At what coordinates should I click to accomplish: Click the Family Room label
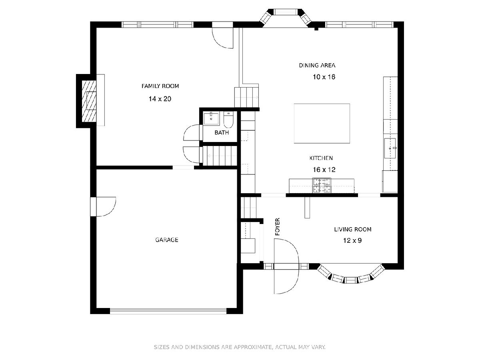(160, 86)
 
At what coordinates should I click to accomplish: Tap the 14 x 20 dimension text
(160, 99)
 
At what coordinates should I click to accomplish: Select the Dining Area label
(317, 65)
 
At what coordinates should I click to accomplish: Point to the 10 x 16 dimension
(324, 77)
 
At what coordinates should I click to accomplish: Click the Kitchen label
(321, 158)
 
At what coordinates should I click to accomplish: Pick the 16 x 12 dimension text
(324, 170)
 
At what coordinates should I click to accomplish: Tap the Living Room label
(352, 229)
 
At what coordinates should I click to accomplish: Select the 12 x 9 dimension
(352, 240)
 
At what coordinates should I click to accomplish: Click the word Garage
(167, 240)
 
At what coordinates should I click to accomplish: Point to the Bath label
(222, 132)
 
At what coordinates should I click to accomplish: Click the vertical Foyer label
(277, 227)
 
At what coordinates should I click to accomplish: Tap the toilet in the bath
(228, 120)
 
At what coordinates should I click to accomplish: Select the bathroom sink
(211, 118)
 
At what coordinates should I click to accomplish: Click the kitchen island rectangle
(322, 124)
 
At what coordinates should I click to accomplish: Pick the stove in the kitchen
(322, 186)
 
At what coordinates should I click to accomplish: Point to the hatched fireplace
(89, 101)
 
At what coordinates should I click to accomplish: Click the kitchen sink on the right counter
(390, 148)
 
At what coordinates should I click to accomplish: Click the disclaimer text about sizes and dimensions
(240, 347)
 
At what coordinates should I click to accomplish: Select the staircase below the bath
(220, 156)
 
